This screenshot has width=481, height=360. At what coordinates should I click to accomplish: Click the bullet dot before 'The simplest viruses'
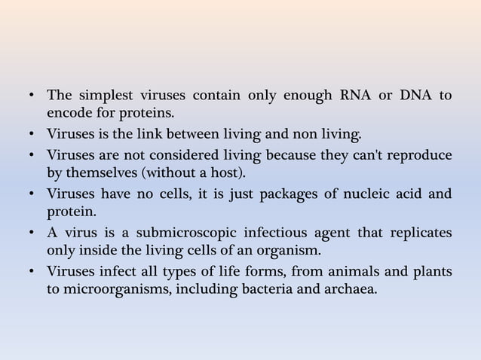32,97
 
